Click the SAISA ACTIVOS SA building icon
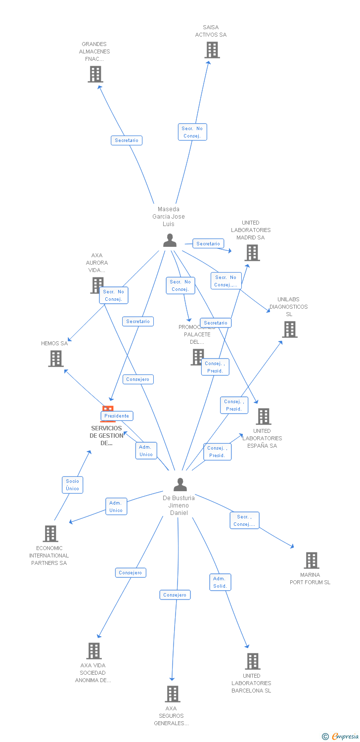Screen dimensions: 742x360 pos(212,50)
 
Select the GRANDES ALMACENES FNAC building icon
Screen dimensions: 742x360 pos(95,74)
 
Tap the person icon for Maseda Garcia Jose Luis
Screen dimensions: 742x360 pos(170,240)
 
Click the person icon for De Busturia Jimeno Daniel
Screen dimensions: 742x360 pos(180,484)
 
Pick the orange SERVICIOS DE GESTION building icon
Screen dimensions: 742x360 pos(108,410)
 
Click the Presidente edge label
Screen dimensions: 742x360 pos(117,416)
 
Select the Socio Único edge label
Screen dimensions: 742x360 pos(72,485)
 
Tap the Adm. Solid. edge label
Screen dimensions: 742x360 pos(220,582)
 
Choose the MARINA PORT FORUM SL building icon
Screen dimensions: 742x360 pos(311,560)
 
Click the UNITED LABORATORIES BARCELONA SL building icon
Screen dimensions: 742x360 pos(252,661)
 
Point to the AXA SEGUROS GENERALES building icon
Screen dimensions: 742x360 pos(172,694)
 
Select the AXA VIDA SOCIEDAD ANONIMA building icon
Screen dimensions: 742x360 pos(94,651)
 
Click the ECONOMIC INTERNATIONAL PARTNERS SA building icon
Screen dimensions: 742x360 pos(50,534)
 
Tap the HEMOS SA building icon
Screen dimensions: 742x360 pos(56,359)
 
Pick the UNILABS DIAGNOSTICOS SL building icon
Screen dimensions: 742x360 pos(290,329)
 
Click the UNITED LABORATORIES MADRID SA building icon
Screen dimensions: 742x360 pos(252,253)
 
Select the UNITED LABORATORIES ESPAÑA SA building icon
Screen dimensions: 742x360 pos(264,417)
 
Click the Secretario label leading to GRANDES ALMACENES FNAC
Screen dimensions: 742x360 pos(127,140)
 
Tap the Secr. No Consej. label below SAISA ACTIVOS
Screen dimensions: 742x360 pos(192,132)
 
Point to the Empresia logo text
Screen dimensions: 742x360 pos(344,737)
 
